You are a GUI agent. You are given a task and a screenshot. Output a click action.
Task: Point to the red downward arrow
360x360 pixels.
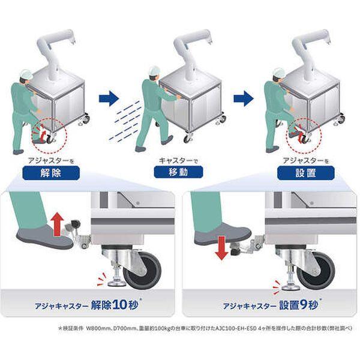(x=221, y=247)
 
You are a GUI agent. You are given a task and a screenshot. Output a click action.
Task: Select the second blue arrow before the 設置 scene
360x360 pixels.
(x=244, y=98)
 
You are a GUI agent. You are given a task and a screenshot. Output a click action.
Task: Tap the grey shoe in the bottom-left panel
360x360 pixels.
(x=43, y=236)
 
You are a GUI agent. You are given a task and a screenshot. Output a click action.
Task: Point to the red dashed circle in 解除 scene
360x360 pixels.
(x=49, y=132)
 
